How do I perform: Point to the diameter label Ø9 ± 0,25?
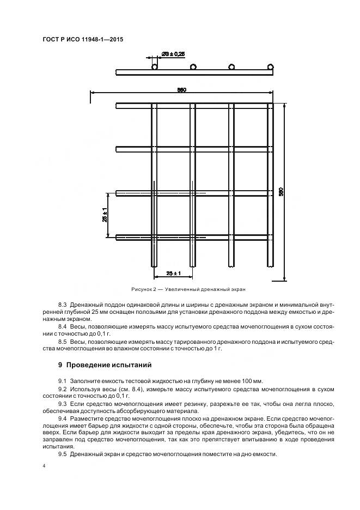pos(173,53)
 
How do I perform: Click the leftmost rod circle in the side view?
pos(155,67)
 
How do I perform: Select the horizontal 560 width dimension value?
pos(182,90)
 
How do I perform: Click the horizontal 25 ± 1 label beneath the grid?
pos(174,272)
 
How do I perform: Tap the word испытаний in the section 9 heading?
pos(132,365)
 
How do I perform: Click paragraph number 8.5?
pos(62,341)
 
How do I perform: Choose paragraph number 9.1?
pos(62,380)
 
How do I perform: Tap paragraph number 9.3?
pos(62,404)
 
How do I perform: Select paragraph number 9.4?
pos(62,419)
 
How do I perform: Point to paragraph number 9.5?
pos(62,454)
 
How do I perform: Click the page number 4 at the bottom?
pos(44,467)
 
